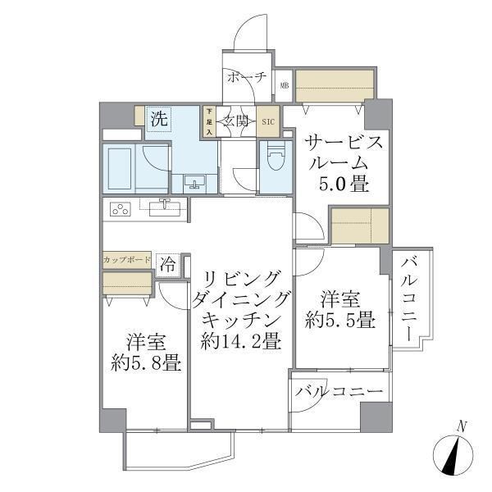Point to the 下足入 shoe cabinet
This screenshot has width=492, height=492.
[x=210, y=121]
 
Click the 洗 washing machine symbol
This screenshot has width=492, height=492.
[x=157, y=118]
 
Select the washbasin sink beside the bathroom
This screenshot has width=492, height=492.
[x=195, y=181]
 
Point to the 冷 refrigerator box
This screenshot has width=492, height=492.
[x=167, y=264]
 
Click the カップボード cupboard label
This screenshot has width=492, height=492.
[x=127, y=259]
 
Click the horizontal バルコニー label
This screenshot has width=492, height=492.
[x=340, y=391]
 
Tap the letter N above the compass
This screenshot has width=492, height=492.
[x=462, y=426]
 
